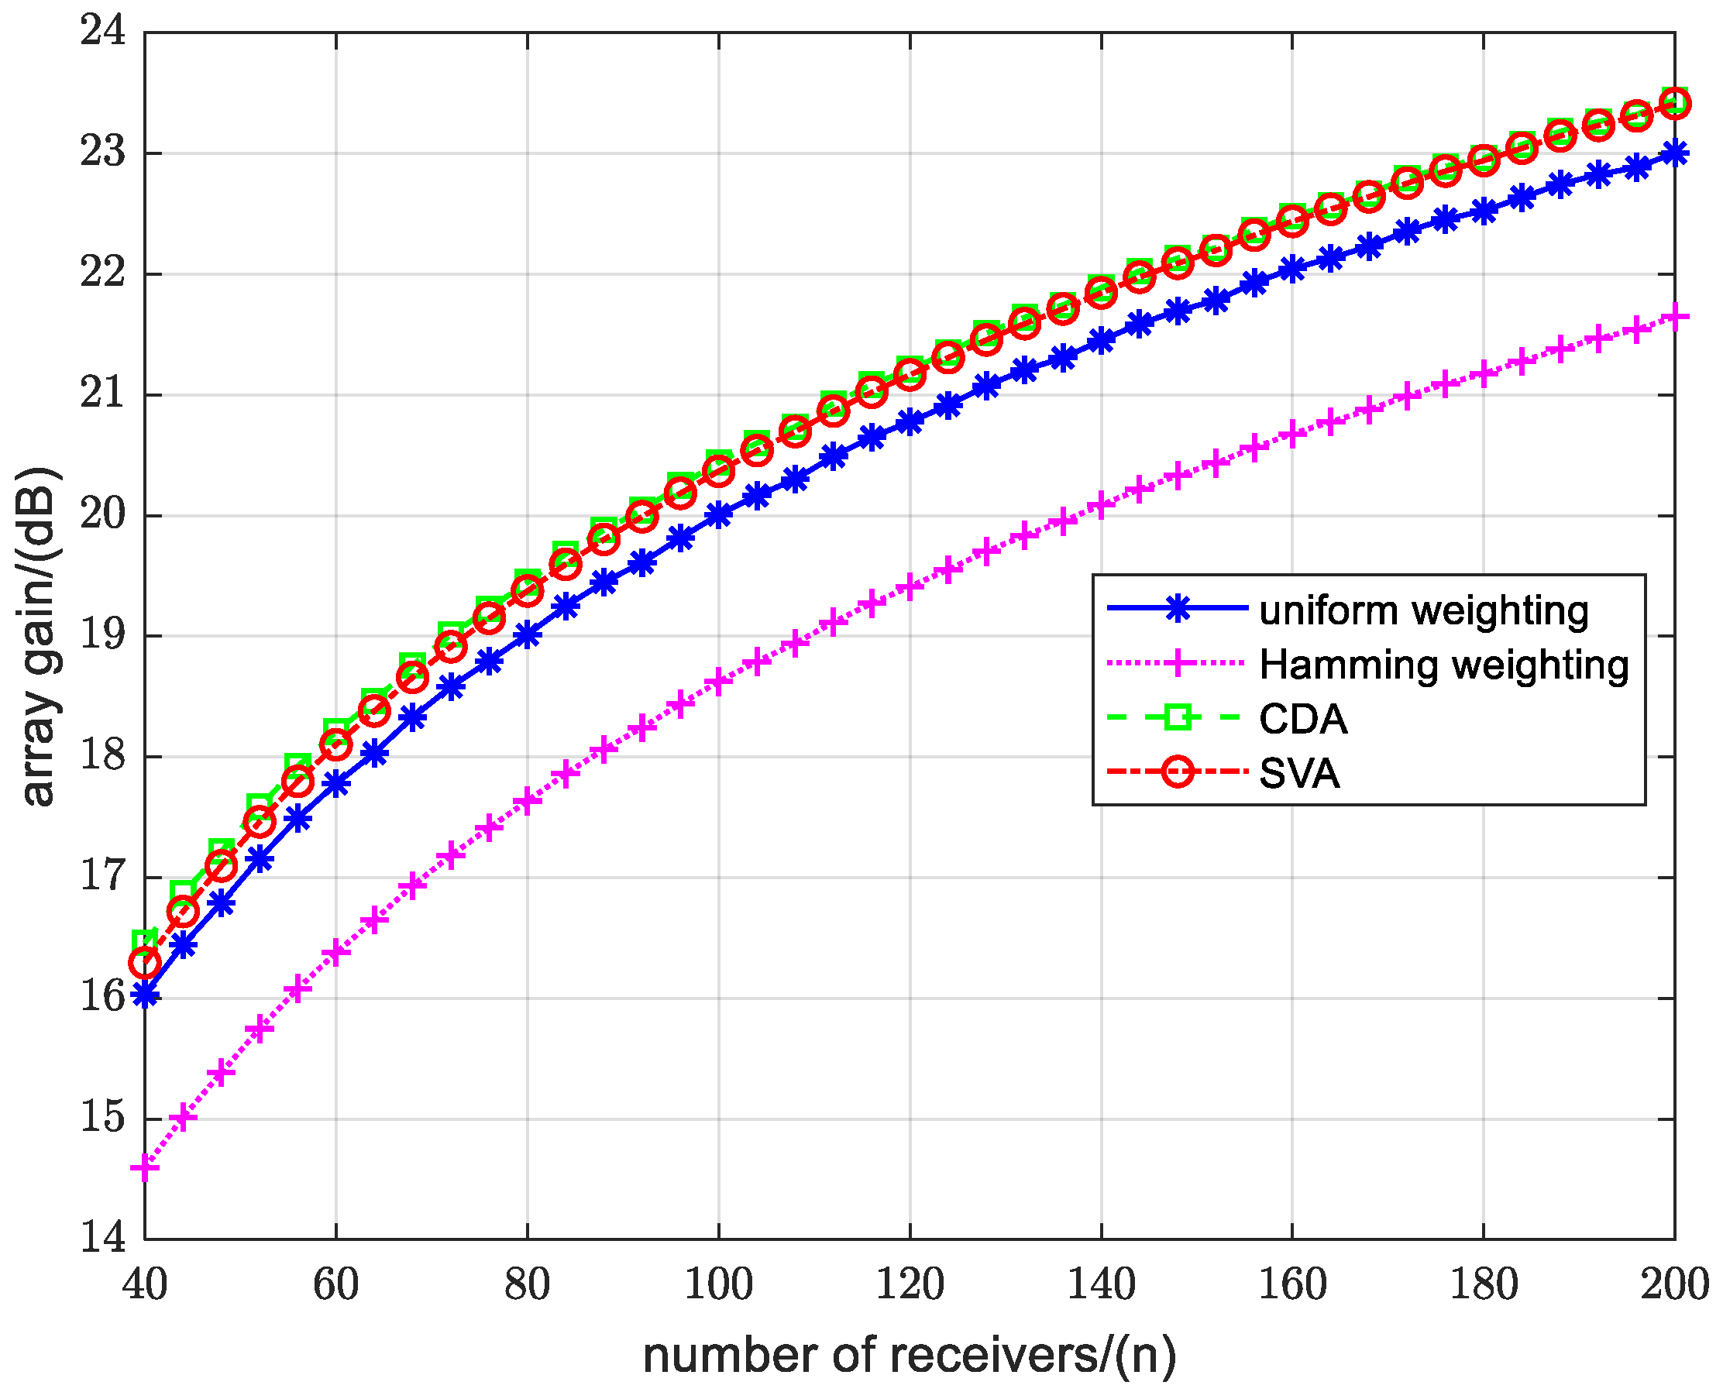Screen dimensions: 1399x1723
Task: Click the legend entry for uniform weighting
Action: [1423, 611]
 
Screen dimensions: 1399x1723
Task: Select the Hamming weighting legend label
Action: [1443, 665]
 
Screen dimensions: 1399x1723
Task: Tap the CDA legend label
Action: [1302, 719]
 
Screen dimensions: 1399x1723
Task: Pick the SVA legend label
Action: [1299, 774]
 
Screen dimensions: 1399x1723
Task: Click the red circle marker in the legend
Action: [1178, 772]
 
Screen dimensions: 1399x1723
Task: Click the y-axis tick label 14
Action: [103, 1237]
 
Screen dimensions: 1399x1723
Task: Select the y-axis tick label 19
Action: [103, 636]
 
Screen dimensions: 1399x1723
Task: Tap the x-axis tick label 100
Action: [718, 1284]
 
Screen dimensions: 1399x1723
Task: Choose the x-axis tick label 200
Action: [1675, 1284]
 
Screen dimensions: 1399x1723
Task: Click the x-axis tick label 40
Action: [145, 1284]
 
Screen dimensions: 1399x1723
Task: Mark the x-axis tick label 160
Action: [1291, 1284]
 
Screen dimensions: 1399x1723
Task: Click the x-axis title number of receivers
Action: [909, 1356]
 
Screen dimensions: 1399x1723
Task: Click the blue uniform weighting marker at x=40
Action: [145, 996]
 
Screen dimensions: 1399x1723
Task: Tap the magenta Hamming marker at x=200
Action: [1675, 317]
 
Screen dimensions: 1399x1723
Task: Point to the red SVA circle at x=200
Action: [1675, 104]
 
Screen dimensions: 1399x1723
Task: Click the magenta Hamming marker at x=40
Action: [145, 1167]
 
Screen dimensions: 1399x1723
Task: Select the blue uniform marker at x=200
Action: [1675, 153]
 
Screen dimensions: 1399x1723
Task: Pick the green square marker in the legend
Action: [1178, 717]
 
